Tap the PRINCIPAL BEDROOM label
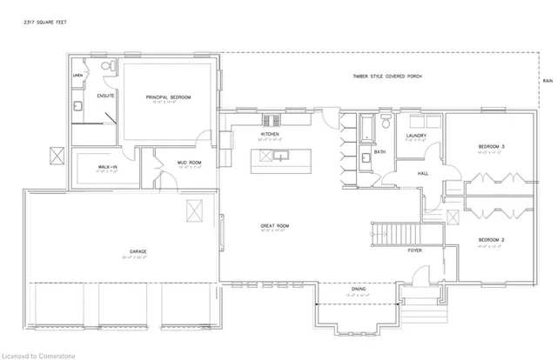(168, 97)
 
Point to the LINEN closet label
(77, 77)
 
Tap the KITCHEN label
(269, 136)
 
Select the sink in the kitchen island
(281, 157)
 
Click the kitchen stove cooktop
(269, 119)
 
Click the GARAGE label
(138, 253)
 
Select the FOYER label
(417, 250)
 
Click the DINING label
(358, 289)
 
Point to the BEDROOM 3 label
(491, 145)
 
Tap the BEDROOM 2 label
(491, 238)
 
